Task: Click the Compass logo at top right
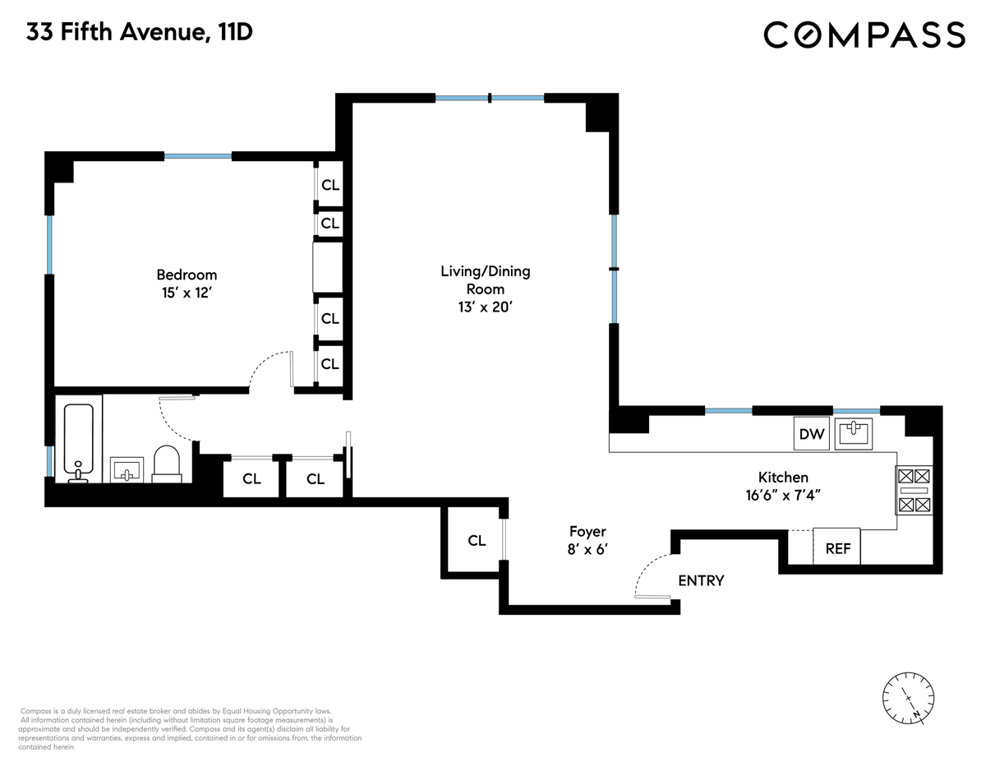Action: point(864,35)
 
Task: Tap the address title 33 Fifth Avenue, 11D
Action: point(140,32)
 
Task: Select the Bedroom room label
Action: point(187,275)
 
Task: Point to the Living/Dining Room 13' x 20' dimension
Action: point(485,307)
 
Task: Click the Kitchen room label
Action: point(783,477)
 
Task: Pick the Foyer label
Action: point(587,532)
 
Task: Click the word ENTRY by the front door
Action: point(701,580)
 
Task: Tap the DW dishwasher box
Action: point(811,434)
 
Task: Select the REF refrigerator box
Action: point(836,547)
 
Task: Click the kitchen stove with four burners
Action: point(914,490)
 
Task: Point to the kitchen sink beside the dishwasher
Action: point(854,433)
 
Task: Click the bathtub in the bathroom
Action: point(79,442)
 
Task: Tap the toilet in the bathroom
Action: point(167,464)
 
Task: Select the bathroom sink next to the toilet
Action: point(127,469)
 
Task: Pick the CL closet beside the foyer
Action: point(477,541)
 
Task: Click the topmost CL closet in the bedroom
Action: point(329,185)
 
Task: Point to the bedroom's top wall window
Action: point(198,156)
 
